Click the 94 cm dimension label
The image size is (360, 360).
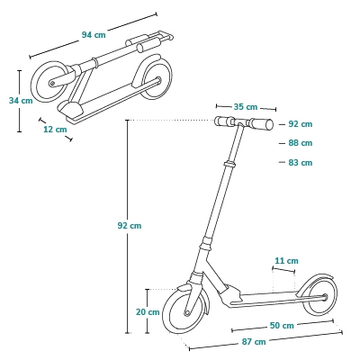coord(94,35)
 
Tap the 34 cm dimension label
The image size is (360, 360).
coord(21,101)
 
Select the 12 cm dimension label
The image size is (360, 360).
coord(55,130)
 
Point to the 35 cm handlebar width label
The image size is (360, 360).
coord(246,107)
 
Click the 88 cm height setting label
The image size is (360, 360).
coord(301,143)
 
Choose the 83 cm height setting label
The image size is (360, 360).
coord(301,163)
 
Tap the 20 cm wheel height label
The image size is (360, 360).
coord(148,312)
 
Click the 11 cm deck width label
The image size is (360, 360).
coord(287,261)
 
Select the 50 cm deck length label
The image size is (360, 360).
coord(282,325)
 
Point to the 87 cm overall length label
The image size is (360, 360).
coord(254,341)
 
